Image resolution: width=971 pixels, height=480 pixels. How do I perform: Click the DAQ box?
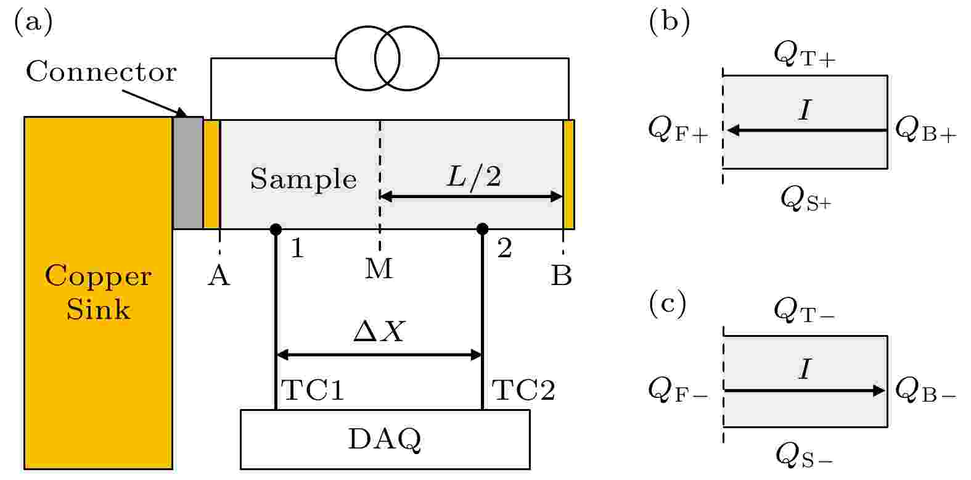click(x=385, y=439)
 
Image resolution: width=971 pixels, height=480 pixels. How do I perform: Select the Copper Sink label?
click(x=98, y=292)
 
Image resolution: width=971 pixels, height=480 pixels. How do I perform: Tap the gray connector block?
click(x=187, y=173)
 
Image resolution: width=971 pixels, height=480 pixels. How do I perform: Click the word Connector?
click(x=101, y=73)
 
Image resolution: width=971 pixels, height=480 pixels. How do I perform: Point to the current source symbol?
click(x=387, y=59)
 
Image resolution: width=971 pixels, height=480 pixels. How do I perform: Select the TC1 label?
click(x=312, y=391)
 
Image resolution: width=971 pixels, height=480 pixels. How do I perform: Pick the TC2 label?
click(x=523, y=391)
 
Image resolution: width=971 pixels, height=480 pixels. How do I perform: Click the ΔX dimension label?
click(x=379, y=333)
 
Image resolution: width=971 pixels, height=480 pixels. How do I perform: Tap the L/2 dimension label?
click(x=473, y=178)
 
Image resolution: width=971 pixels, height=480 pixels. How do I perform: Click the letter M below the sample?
click(x=379, y=269)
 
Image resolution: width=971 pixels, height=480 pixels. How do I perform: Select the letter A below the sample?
click(x=219, y=277)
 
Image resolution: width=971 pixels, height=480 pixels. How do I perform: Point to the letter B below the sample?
click(x=561, y=277)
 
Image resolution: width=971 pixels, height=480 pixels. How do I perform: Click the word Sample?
click(x=303, y=180)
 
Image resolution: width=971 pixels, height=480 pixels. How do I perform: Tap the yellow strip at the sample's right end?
click(x=568, y=174)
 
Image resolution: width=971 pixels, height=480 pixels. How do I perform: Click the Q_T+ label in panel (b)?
click(x=805, y=54)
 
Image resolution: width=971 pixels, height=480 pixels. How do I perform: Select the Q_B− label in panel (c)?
click(x=925, y=389)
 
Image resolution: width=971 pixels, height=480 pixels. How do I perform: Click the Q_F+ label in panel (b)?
click(x=678, y=130)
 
